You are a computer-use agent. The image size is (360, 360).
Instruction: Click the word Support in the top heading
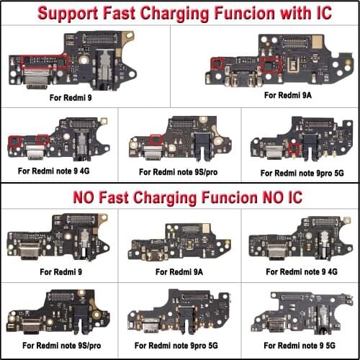(68, 14)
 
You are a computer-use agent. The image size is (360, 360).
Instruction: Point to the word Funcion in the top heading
(244, 13)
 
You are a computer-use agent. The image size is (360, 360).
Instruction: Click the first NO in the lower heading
(84, 197)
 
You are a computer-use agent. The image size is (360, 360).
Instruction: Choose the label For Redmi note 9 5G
(300, 346)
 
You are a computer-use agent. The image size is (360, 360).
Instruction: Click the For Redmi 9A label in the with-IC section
(288, 95)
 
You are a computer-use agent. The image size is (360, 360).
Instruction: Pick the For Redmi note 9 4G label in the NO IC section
(302, 271)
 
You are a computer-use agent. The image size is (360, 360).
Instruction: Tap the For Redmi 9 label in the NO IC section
(61, 272)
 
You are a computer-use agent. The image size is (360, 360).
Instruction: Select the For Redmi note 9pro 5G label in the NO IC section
(176, 346)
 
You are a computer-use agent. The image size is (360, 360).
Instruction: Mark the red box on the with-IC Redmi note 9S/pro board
(156, 140)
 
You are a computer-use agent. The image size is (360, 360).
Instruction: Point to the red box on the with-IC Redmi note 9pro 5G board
(294, 148)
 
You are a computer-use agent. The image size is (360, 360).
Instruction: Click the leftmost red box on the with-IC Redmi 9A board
(217, 63)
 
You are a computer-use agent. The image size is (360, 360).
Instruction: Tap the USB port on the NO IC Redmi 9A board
(154, 256)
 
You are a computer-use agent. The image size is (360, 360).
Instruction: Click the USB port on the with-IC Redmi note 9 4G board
(35, 153)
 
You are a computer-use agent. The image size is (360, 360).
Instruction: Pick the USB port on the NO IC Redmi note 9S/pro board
(31, 325)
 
